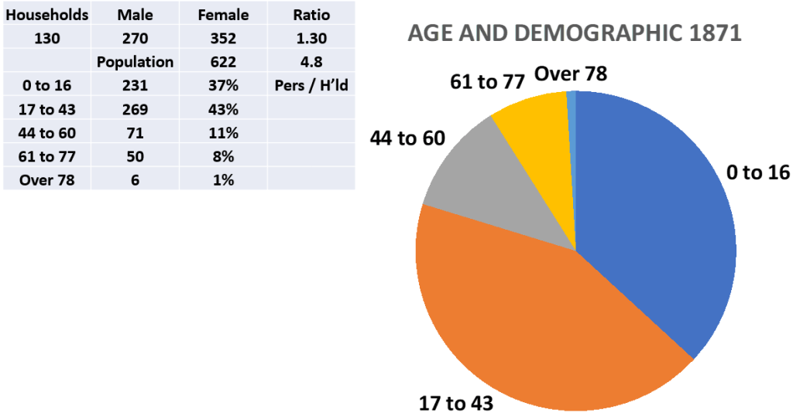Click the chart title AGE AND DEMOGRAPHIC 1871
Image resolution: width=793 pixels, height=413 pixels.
click(x=575, y=34)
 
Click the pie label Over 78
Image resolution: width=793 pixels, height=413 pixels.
click(x=571, y=73)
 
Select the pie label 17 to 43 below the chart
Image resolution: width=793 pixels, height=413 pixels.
click(x=456, y=402)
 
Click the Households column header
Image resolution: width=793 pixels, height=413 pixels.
click(x=47, y=15)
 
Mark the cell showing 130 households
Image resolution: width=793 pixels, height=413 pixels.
click(x=47, y=38)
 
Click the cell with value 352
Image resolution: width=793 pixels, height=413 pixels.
click(x=224, y=38)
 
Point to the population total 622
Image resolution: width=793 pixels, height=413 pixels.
click(x=224, y=62)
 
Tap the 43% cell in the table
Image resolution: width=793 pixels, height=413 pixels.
click(x=224, y=109)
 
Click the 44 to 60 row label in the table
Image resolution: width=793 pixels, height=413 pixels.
click(x=47, y=133)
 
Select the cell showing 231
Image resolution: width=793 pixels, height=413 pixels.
click(x=136, y=85)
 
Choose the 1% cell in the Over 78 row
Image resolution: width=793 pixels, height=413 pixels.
click(x=224, y=179)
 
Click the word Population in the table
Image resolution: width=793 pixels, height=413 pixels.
click(x=136, y=62)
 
